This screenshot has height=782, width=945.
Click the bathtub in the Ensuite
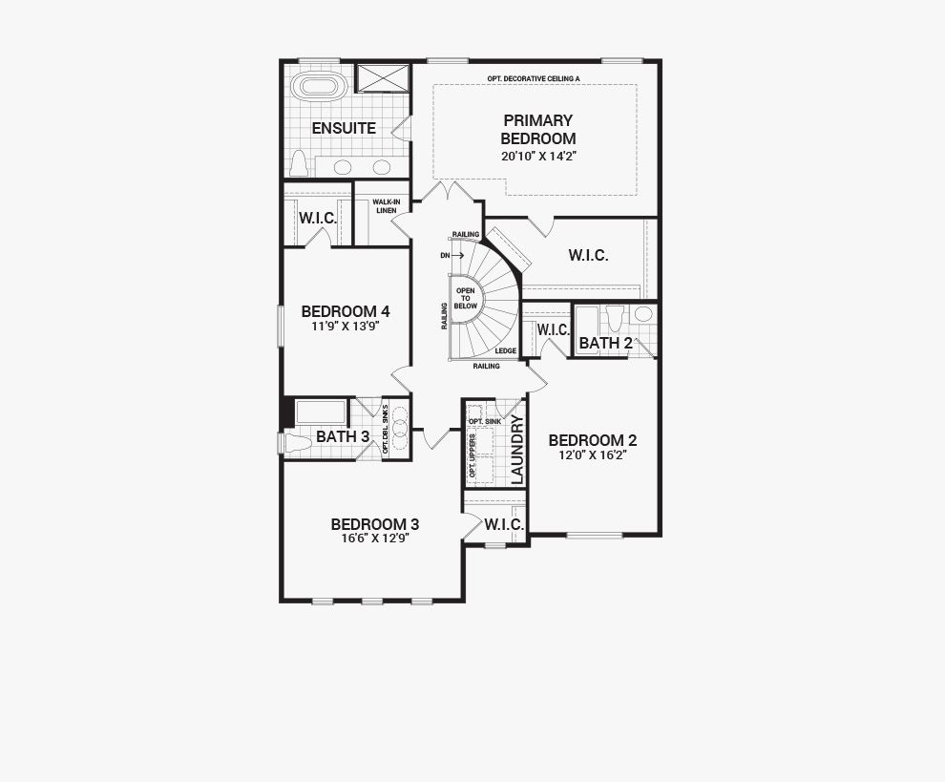pos(319,86)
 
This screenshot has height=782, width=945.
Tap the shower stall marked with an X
pos(383,77)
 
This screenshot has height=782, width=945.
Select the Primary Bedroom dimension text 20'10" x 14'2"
pos(538,157)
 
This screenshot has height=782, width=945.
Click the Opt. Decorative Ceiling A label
pos(534,78)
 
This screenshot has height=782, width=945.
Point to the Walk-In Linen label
pos(387,206)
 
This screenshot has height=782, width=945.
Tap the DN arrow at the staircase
pos(452,256)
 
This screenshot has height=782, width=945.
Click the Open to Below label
pos(465,299)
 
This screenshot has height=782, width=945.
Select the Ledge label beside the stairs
pos(506,351)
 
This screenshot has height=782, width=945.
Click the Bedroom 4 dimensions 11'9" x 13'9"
pos(346,327)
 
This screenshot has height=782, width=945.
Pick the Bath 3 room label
pos(343,436)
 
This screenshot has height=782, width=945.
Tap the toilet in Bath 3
pos(298,443)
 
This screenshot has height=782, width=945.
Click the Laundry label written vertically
pos(518,450)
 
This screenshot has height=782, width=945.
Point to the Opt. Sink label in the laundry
pos(485,421)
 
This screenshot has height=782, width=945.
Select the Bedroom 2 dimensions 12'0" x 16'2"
pos(593,455)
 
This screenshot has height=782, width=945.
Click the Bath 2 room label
pos(606,343)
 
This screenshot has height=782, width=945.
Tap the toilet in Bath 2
pos(615,318)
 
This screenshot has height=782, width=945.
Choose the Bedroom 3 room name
pos(375,524)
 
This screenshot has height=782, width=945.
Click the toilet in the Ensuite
pos(299,162)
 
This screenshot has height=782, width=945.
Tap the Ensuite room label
pos(344,129)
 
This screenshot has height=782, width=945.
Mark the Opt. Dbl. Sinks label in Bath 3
pos(386,429)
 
